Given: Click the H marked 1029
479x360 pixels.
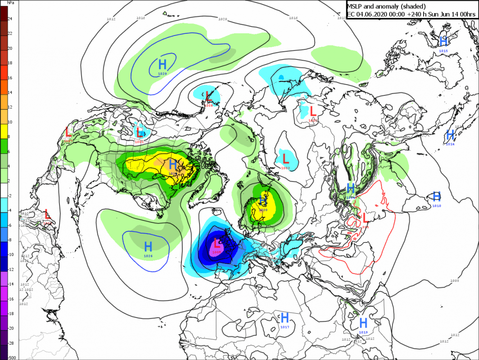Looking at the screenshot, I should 162,63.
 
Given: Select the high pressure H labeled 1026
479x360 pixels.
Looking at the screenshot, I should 148,246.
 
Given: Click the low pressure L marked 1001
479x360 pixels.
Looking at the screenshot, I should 140,132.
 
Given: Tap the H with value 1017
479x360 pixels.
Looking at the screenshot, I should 285,317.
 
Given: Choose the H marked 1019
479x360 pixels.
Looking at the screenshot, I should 363,323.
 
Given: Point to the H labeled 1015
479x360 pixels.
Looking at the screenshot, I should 443,42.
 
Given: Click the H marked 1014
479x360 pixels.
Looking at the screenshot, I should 450,135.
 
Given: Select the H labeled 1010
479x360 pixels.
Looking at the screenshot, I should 436,196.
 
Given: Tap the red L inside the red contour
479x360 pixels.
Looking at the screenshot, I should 365,217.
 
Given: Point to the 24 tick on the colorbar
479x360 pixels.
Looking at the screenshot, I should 10,19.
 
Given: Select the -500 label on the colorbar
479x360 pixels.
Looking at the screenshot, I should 11,357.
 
